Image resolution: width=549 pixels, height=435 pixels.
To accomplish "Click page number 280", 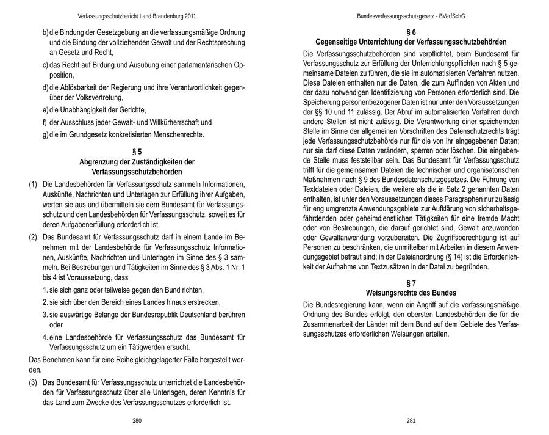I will [x=137, y=420].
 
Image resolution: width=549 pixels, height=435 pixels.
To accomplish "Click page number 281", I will [x=411, y=420].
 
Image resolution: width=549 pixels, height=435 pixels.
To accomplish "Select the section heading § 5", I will [x=137, y=151].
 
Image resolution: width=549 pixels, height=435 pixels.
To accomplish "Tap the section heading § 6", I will [x=411, y=32].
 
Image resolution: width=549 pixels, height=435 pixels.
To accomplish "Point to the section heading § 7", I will [x=411, y=283].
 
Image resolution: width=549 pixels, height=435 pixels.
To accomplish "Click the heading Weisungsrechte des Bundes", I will [x=411, y=293].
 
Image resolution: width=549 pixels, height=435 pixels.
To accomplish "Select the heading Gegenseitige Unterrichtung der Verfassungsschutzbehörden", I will [x=411, y=42].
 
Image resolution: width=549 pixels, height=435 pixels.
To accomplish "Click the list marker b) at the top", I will [x=45, y=32].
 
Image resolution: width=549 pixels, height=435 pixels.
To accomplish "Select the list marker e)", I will [x=45, y=110].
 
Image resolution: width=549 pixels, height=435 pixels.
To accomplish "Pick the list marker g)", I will [x=45, y=134].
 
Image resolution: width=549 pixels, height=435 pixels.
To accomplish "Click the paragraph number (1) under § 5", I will [x=33, y=184].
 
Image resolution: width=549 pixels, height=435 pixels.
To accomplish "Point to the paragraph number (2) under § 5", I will [x=33, y=236].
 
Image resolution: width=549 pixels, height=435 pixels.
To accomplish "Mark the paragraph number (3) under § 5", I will [x=33, y=382].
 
